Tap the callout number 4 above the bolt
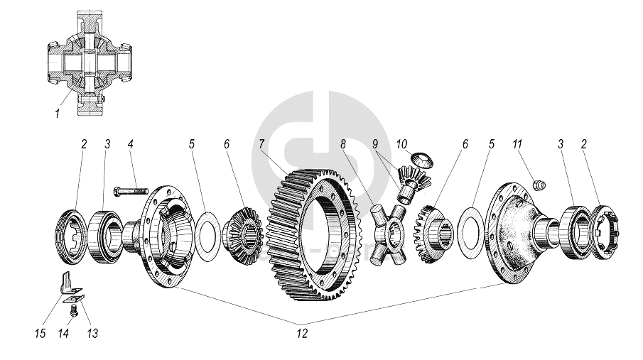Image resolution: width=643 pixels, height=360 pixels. click(x=131, y=144)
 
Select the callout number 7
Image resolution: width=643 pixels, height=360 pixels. click(x=262, y=144)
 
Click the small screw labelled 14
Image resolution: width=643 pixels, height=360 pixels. click(x=72, y=310)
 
